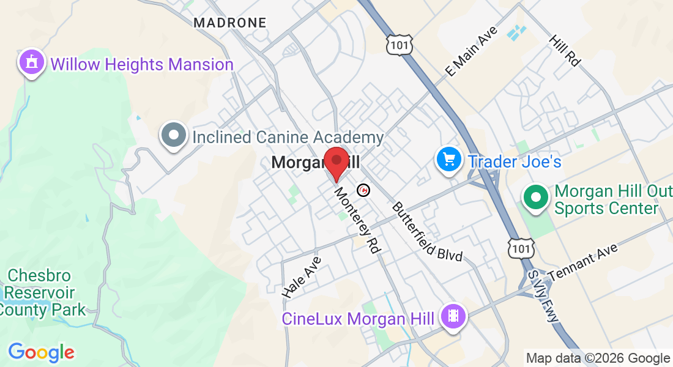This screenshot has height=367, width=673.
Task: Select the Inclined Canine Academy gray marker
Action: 174,135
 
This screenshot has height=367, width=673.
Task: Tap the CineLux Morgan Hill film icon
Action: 453,316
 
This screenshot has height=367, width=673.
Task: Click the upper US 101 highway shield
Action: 399,43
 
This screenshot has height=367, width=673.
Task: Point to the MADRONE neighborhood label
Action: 230,23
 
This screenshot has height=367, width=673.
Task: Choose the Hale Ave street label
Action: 302,278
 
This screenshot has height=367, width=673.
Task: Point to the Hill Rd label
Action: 564,50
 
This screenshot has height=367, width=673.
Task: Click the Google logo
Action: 41,352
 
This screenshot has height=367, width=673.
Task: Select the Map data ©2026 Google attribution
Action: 598,358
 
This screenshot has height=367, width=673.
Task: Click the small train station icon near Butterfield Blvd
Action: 364,190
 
